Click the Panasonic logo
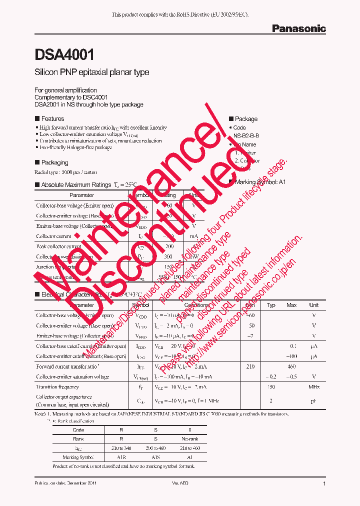click(x=298, y=28)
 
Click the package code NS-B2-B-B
click(x=246, y=135)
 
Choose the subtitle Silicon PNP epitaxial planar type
click(x=91, y=72)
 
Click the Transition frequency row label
click(x=57, y=387)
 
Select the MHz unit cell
click(x=314, y=387)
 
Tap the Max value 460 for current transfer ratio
click(x=291, y=366)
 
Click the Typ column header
click(x=271, y=305)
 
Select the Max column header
click(x=291, y=305)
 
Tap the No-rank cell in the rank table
click(x=189, y=439)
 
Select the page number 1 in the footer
click(x=324, y=484)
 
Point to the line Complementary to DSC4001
click(x=71, y=97)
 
